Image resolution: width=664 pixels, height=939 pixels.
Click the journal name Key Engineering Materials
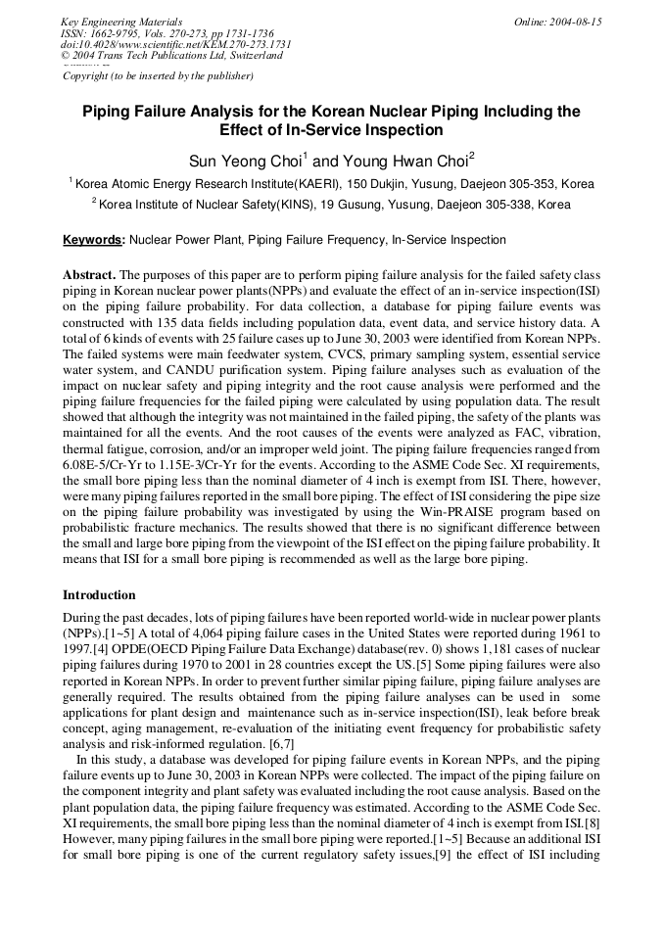coord(121,22)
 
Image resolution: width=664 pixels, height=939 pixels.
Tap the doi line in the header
coord(176,44)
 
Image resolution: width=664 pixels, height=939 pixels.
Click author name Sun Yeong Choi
coord(247,160)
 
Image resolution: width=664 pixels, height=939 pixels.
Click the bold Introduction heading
coord(99,594)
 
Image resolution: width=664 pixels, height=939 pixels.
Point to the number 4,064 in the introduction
coord(170,634)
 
